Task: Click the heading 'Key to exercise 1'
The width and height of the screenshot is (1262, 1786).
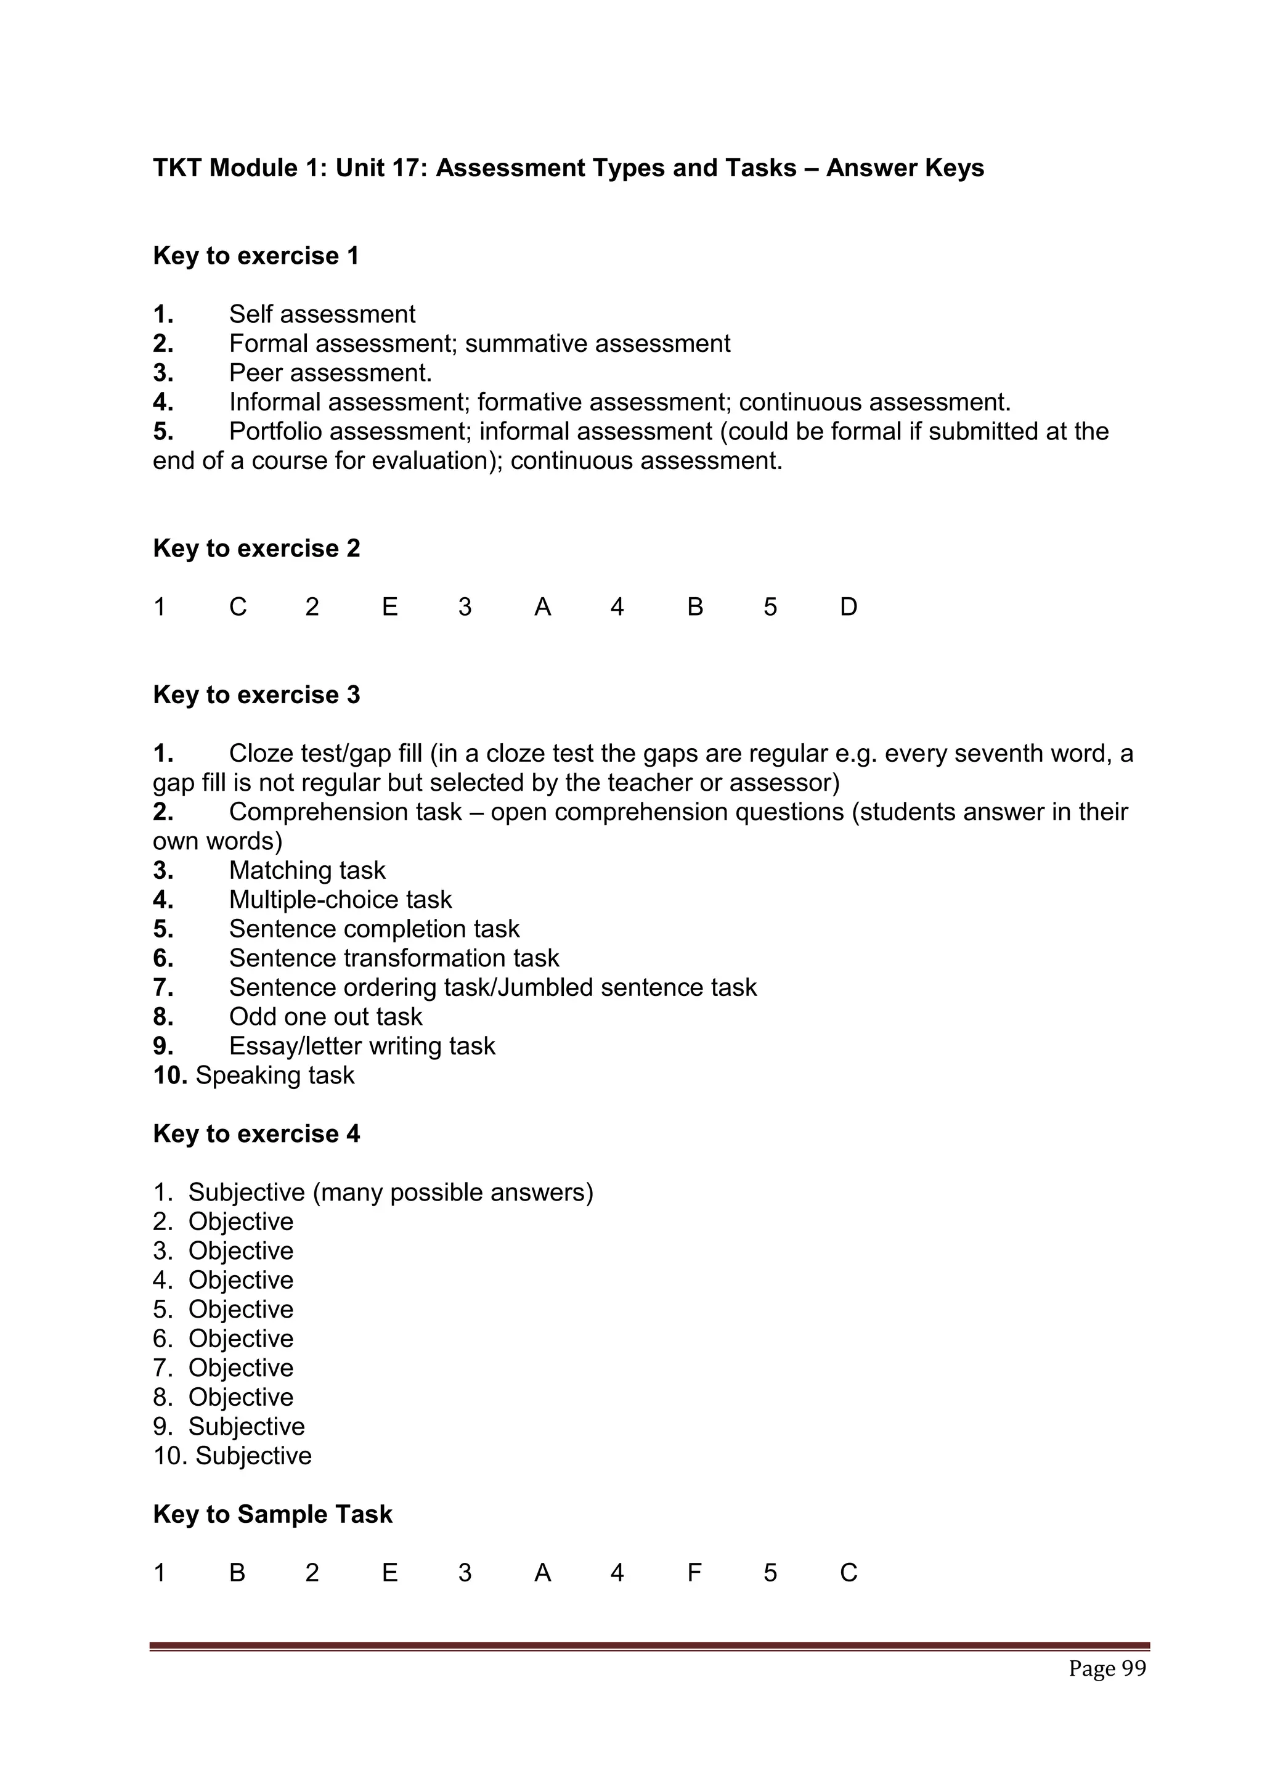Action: point(256,256)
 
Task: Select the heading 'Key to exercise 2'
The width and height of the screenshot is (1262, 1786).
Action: point(256,548)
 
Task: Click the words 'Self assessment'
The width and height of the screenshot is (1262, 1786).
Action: point(322,314)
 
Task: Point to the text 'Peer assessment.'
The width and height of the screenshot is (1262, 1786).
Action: point(330,373)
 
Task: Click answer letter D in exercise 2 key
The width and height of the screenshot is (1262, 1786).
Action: point(849,607)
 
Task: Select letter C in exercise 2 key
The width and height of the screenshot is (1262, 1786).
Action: point(238,607)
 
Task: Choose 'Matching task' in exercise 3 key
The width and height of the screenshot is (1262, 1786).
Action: point(307,870)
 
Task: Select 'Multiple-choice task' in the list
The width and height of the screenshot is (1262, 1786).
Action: point(340,900)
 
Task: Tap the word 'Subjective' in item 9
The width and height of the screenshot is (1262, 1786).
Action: point(246,1427)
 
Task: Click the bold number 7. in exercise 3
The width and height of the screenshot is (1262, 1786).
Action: point(163,988)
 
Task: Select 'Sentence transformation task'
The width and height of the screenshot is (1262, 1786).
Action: point(394,958)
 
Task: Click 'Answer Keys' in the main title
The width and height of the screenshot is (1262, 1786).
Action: point(905,168)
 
